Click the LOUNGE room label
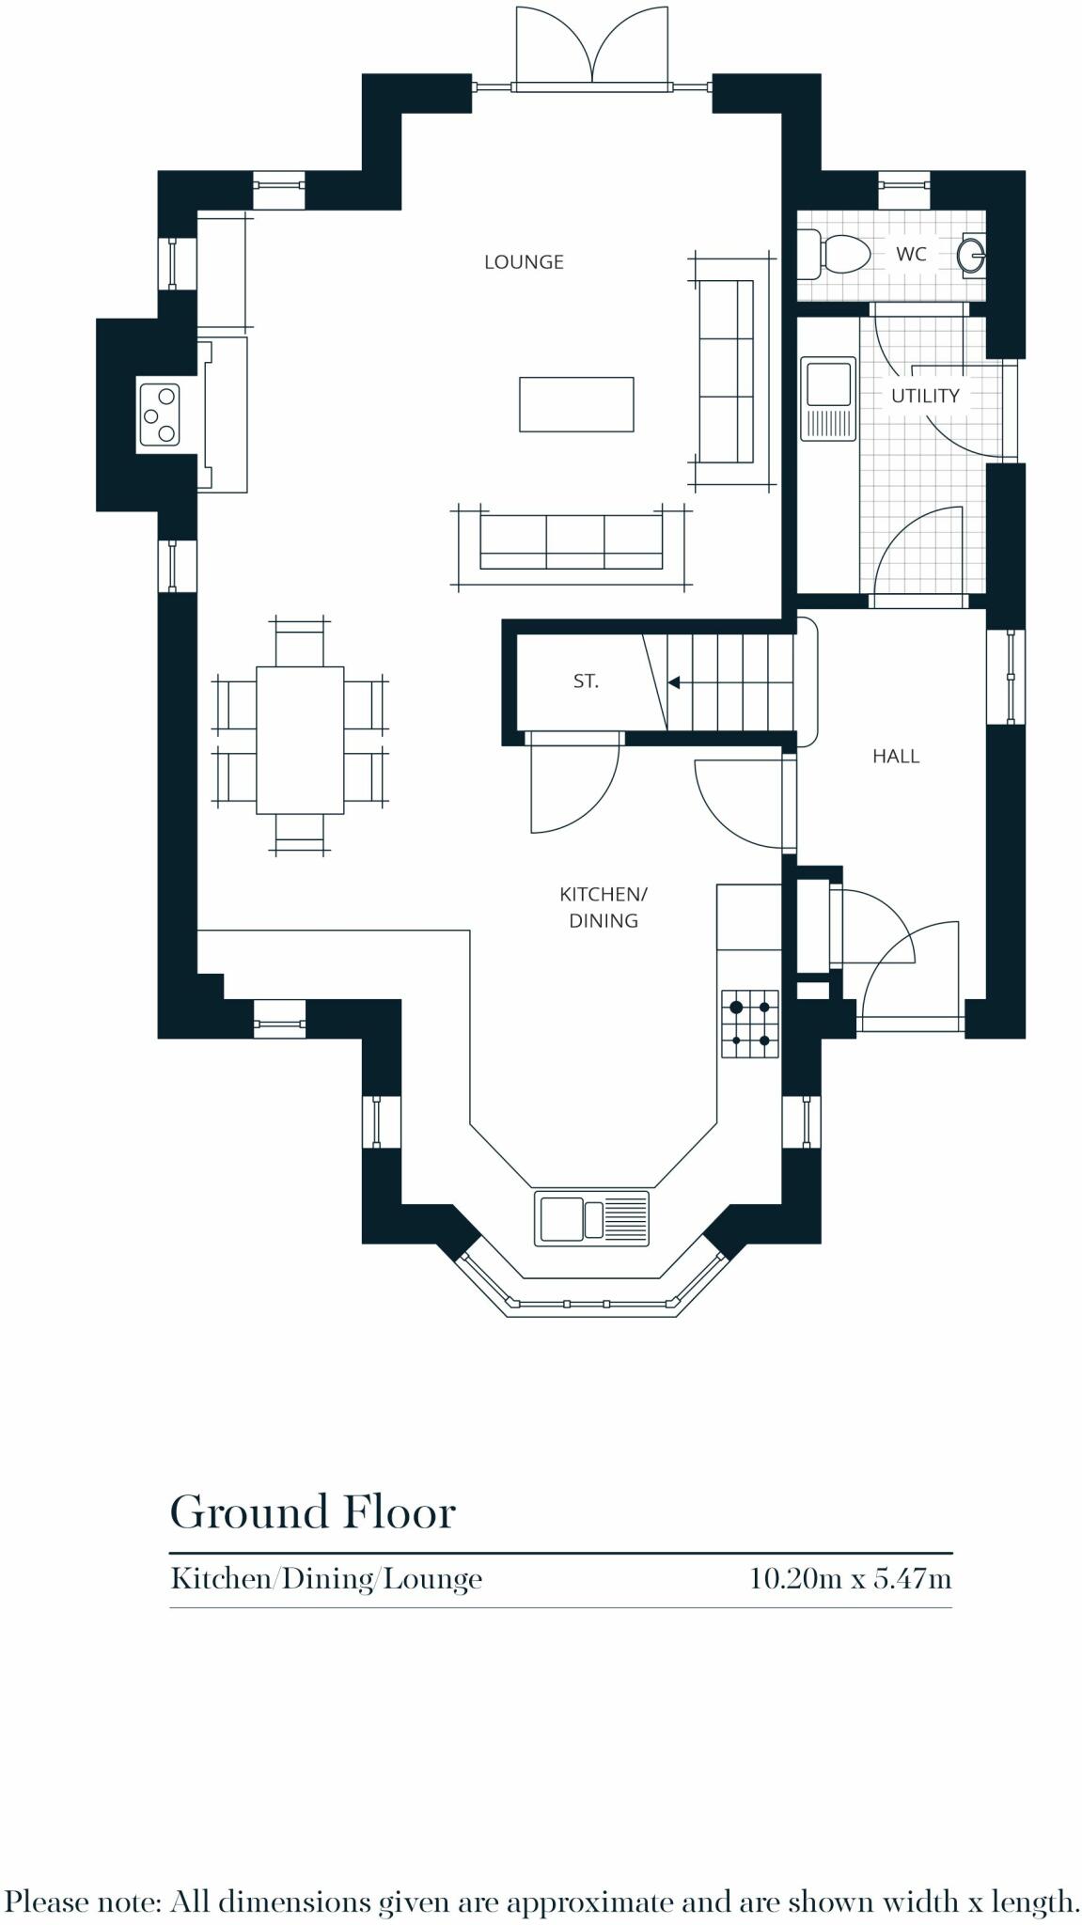pos(524,262)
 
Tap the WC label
pos(911,254)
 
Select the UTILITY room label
pos(925,396)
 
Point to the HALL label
pos(895,756)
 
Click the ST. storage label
pos(586,681)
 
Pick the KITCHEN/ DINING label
pos(604,907)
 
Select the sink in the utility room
pos(828,398)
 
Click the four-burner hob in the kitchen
pos(750,1024)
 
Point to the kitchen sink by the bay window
pos(591,1218)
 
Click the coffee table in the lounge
pos(576,404)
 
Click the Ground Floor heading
pos(312,1512)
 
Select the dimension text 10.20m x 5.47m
pos(850,1578)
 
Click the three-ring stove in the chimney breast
pos(159,415)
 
